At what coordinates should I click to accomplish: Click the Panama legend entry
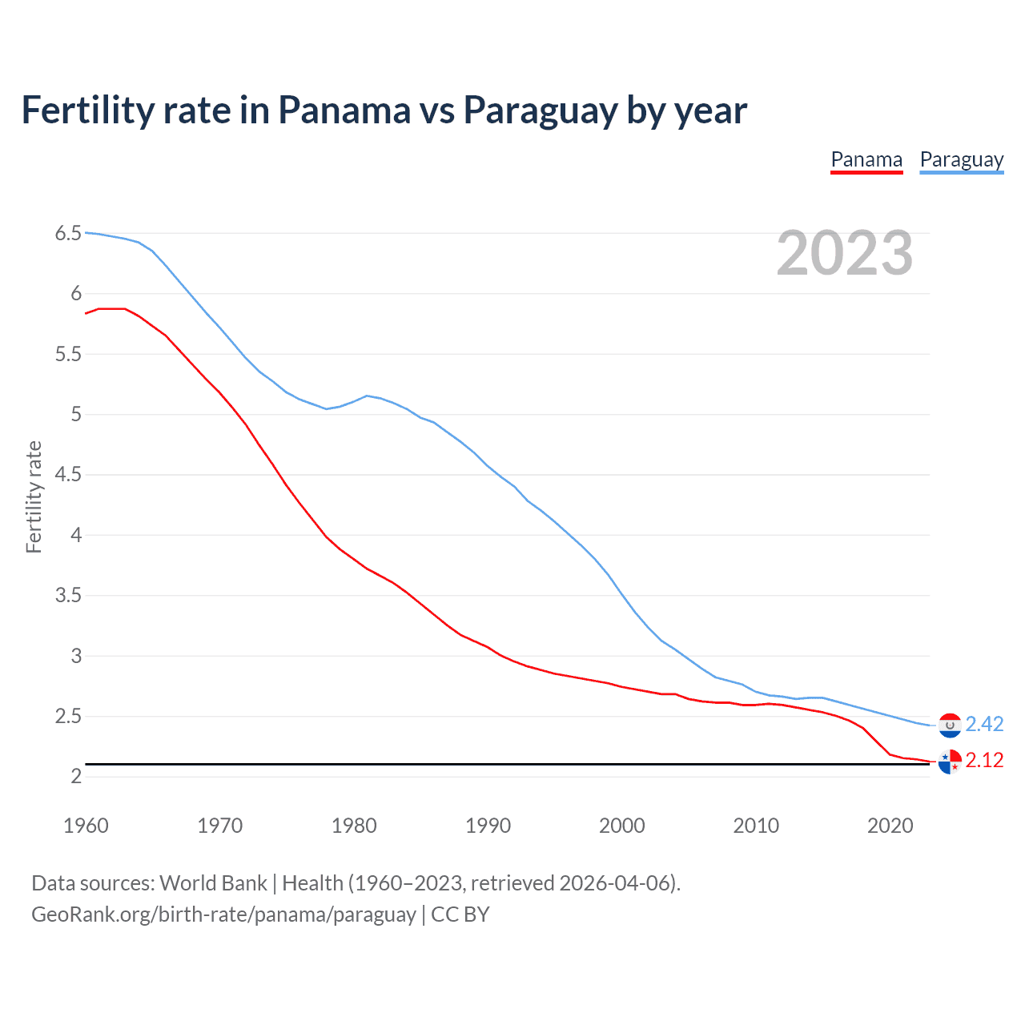pos(866,160)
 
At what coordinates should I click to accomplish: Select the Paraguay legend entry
pos(961,160)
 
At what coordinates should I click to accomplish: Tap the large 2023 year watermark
pos(845,253)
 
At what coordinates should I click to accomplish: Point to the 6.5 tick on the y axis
pos(68,234)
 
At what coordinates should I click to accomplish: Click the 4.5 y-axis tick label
pos(68,475)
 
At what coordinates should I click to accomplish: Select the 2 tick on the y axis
pos(76,777)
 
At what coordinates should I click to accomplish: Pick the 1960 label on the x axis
pos(86,826)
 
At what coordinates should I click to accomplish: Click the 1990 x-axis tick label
pos(488,826)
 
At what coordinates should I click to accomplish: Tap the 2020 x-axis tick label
pos(890,826)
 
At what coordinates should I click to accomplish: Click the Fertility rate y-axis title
pos(34,496)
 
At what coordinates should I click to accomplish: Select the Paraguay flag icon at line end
pos(950,725)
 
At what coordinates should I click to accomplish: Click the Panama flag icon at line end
pos(950,762)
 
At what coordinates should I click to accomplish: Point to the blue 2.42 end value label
pos(984,725)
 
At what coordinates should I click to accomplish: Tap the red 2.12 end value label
pos(984,761)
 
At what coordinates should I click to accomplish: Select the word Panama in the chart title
pos(344,111)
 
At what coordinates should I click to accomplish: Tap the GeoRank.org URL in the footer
pos(223,914)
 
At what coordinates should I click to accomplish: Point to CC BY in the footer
pos(460,914)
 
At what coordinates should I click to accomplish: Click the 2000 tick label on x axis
pos(621,826)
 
